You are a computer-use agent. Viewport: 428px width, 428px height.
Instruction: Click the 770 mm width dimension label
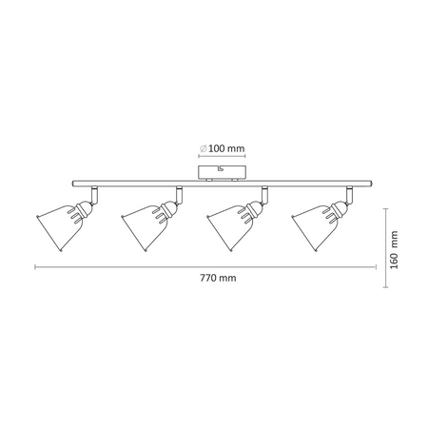point(218,278)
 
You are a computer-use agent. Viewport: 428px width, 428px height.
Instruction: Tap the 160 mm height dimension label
point(394,250)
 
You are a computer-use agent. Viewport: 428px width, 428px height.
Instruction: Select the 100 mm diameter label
point(226,148)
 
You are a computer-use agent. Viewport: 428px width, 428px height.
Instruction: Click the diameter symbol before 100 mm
point(204,148)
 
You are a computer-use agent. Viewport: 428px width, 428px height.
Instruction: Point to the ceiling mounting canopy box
point(222,173)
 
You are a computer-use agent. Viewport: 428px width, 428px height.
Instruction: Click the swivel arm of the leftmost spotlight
point(94,195)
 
